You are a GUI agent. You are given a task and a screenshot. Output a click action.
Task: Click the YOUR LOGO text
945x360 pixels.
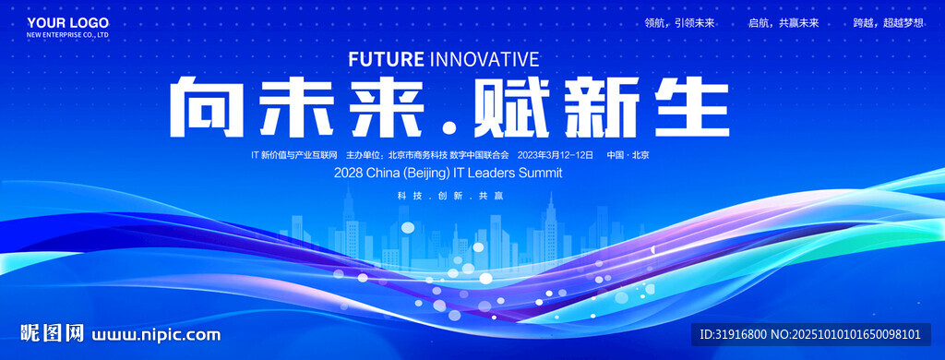click(x=67, y=23)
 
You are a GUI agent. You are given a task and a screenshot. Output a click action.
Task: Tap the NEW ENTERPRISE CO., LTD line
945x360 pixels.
click(x=67, y=35)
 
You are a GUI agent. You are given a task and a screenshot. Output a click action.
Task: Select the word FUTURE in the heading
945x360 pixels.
click(x=387, y=59)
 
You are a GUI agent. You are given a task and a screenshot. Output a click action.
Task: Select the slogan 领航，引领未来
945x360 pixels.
click(x=679, y=23)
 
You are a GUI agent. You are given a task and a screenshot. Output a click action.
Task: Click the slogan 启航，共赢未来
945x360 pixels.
click(x=784, y=23)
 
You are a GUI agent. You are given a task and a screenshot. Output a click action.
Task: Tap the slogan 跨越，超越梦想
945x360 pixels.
click(x=888, y=23)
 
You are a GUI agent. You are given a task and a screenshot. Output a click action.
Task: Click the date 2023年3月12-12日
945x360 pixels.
click(x=556, y=155)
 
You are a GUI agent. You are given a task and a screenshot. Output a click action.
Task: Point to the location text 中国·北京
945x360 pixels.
click(x=628, y=155)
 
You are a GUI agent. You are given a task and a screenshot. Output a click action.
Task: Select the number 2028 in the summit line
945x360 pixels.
click(x=347, y=173)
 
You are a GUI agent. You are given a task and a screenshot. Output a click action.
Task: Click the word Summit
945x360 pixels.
click(x=541, y=173)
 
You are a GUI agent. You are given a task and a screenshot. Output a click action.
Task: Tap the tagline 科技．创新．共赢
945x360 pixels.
click(x=450, y=196)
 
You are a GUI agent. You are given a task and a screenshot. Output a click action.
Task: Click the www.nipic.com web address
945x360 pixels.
click(x=156, y=335)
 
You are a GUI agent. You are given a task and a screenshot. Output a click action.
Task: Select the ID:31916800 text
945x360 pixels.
click(x=732, y=335)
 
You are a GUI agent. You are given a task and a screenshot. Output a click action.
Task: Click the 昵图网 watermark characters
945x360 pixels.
click(x=53, y=333)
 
